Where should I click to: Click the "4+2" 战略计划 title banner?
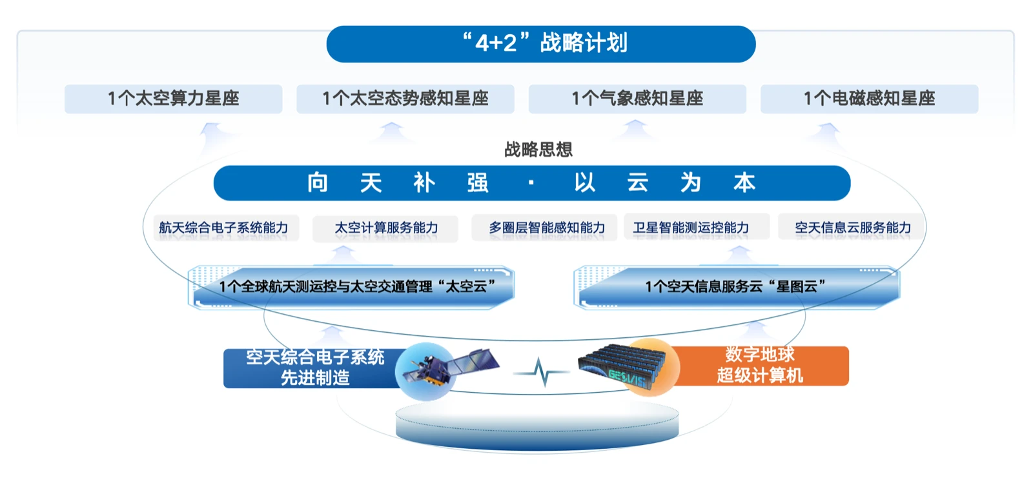541,44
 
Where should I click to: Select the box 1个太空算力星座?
173,99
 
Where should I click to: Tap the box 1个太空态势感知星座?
405,99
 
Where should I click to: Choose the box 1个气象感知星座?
637,99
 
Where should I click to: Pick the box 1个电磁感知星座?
869,99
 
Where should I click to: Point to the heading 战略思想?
538,150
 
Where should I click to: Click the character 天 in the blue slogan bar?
371,183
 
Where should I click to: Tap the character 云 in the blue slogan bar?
638,183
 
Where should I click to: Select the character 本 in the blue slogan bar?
744,183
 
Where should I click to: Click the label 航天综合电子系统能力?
223,228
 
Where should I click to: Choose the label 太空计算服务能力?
386,228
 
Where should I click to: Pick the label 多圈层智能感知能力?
546,228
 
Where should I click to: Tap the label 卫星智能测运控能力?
691,228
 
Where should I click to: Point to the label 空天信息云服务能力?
852,228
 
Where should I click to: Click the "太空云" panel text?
357,287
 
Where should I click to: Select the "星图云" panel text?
735,287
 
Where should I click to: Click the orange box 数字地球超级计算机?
761,365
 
